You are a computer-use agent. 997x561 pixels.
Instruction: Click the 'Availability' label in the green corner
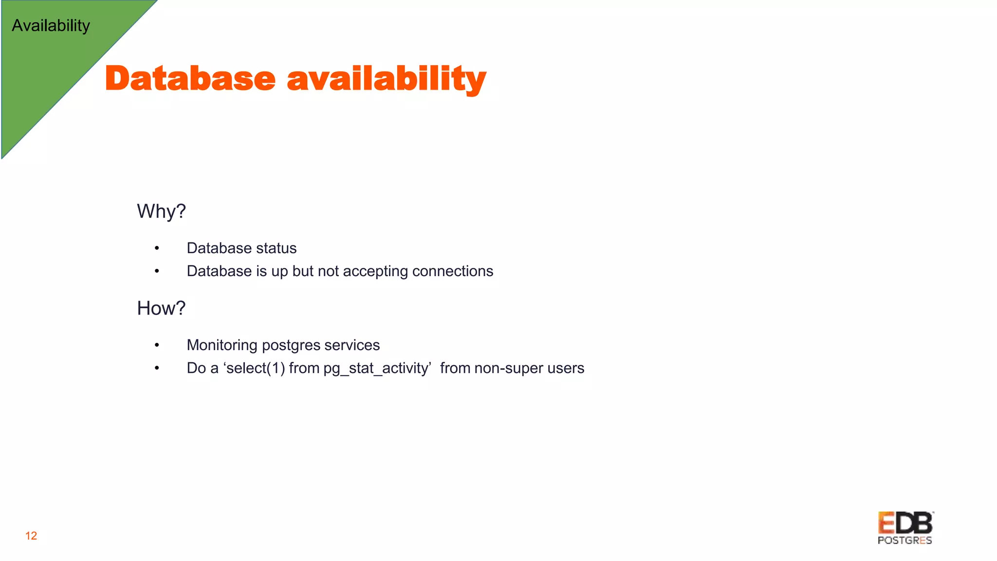(x=51, y=25)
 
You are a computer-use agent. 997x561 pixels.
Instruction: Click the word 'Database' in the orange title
(x=190, y=78)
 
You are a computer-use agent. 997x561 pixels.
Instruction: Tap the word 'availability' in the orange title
(x=387, y=79)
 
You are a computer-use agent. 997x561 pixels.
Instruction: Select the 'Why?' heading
(x=161, y=211)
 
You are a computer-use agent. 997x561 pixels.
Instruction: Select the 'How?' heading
(x=161, y=308)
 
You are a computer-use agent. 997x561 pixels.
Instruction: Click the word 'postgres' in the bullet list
(x=291, y=346)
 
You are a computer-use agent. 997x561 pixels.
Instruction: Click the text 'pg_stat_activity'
(x=377, y=369)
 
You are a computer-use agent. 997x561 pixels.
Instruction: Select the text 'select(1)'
(x=256, y=368)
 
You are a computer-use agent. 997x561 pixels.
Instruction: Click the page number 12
(x=31, y=536)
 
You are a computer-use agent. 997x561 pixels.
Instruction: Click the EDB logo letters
(x=905, y=523)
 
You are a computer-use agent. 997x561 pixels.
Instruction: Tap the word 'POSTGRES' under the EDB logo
(x=905, y=541)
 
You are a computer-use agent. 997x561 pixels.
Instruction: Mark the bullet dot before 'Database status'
(x=157, y=248)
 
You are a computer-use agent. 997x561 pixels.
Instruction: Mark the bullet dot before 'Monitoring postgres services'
(x=157, y=345)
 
